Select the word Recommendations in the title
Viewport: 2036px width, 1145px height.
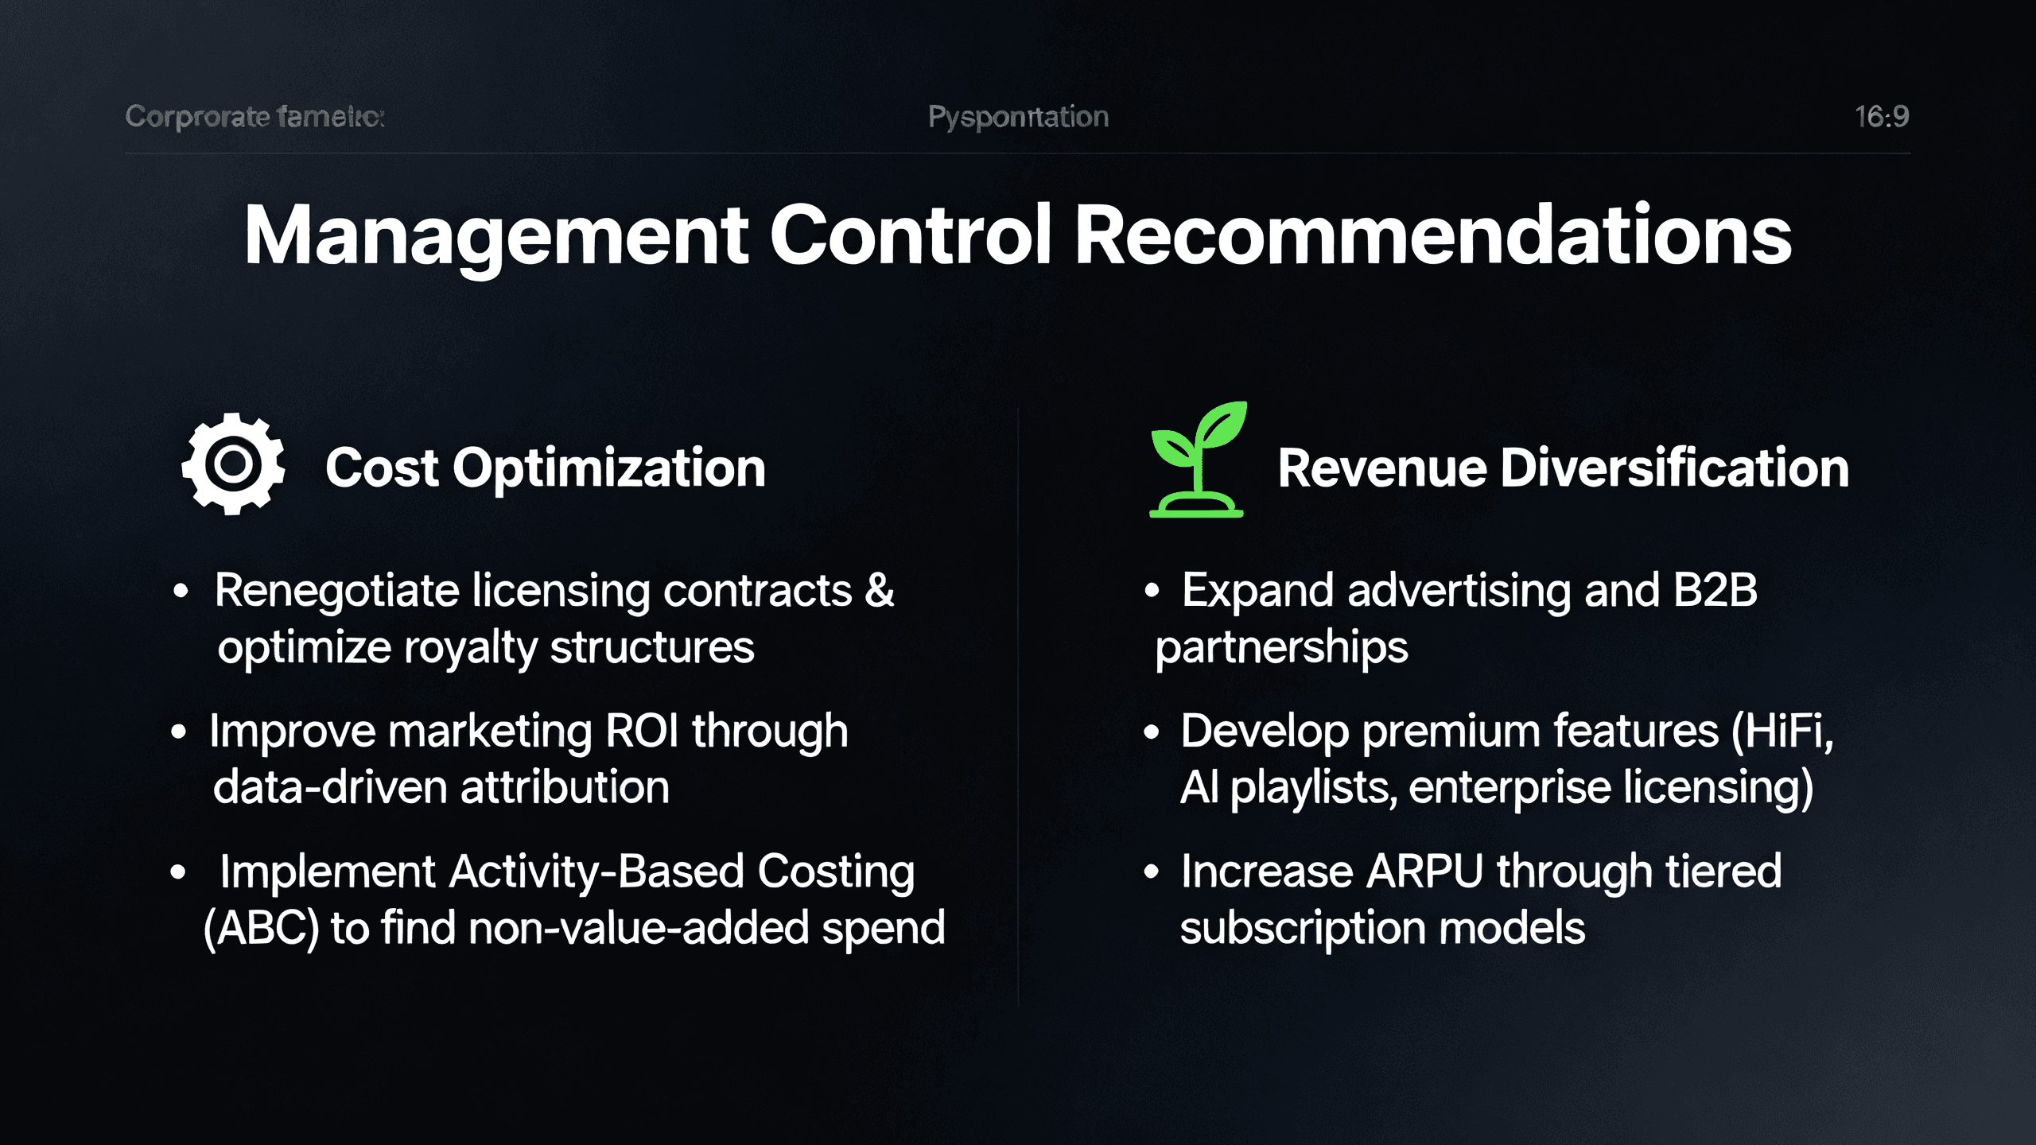coord(1432,235)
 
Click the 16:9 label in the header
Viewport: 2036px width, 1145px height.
coord(1881,117)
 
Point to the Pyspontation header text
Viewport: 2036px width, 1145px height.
coord(1018,117)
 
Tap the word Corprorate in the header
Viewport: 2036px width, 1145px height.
coord(197,117)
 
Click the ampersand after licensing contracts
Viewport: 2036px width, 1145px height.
coord(880,591)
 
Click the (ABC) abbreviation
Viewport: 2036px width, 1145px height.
coord(261,928)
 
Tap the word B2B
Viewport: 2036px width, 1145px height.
coord(1715,591)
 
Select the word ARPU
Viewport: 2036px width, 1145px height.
coord(1424,871)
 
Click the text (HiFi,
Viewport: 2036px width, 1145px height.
coord(1782,731)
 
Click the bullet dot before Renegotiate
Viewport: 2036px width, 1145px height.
coord(181,591)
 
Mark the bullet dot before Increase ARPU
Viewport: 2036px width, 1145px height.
coord(1151,871)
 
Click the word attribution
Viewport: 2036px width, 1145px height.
coord(565,788)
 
